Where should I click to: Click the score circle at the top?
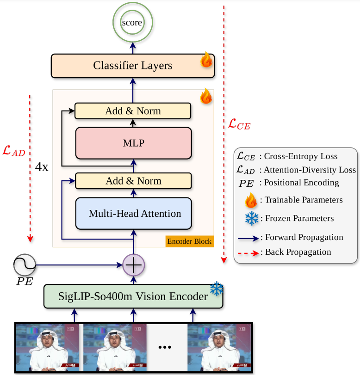click(x=132, y=22)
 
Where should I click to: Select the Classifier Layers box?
click(x=132, y=66)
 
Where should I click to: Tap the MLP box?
click(x=133, y=143)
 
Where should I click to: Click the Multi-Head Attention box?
click(x=133, y=214)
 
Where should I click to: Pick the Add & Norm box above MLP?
click(x=133, y=111)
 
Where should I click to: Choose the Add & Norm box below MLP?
click(x=133, y=181)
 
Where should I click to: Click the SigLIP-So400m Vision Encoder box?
click(x=133, y=296)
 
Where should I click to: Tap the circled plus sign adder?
click(x=133, y=265)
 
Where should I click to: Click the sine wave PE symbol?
click(x=25, y=265)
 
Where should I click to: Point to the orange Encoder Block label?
click(x=189, y=241)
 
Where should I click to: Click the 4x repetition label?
click(x=42, y=167)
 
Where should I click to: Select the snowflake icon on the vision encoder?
click(x=216, y=289)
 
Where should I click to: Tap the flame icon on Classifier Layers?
click(x=206, y=61)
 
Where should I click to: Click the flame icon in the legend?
click(x=252, y=200)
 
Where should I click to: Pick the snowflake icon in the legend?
click(x=252, y=218)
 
